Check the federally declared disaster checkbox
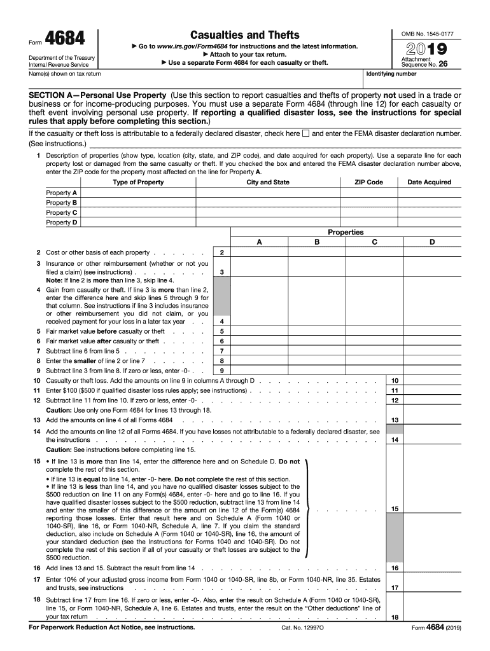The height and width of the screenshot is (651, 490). (305, 134)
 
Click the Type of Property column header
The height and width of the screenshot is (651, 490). (138, 182)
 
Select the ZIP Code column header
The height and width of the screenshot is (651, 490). (368, 182)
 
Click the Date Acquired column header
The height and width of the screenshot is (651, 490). (428, 182)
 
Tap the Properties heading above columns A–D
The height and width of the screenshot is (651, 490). (346, 232)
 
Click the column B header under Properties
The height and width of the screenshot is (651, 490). (316, 242)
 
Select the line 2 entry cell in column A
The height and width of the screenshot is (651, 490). (258, 252)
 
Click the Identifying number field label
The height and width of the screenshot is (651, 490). (389, 74)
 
